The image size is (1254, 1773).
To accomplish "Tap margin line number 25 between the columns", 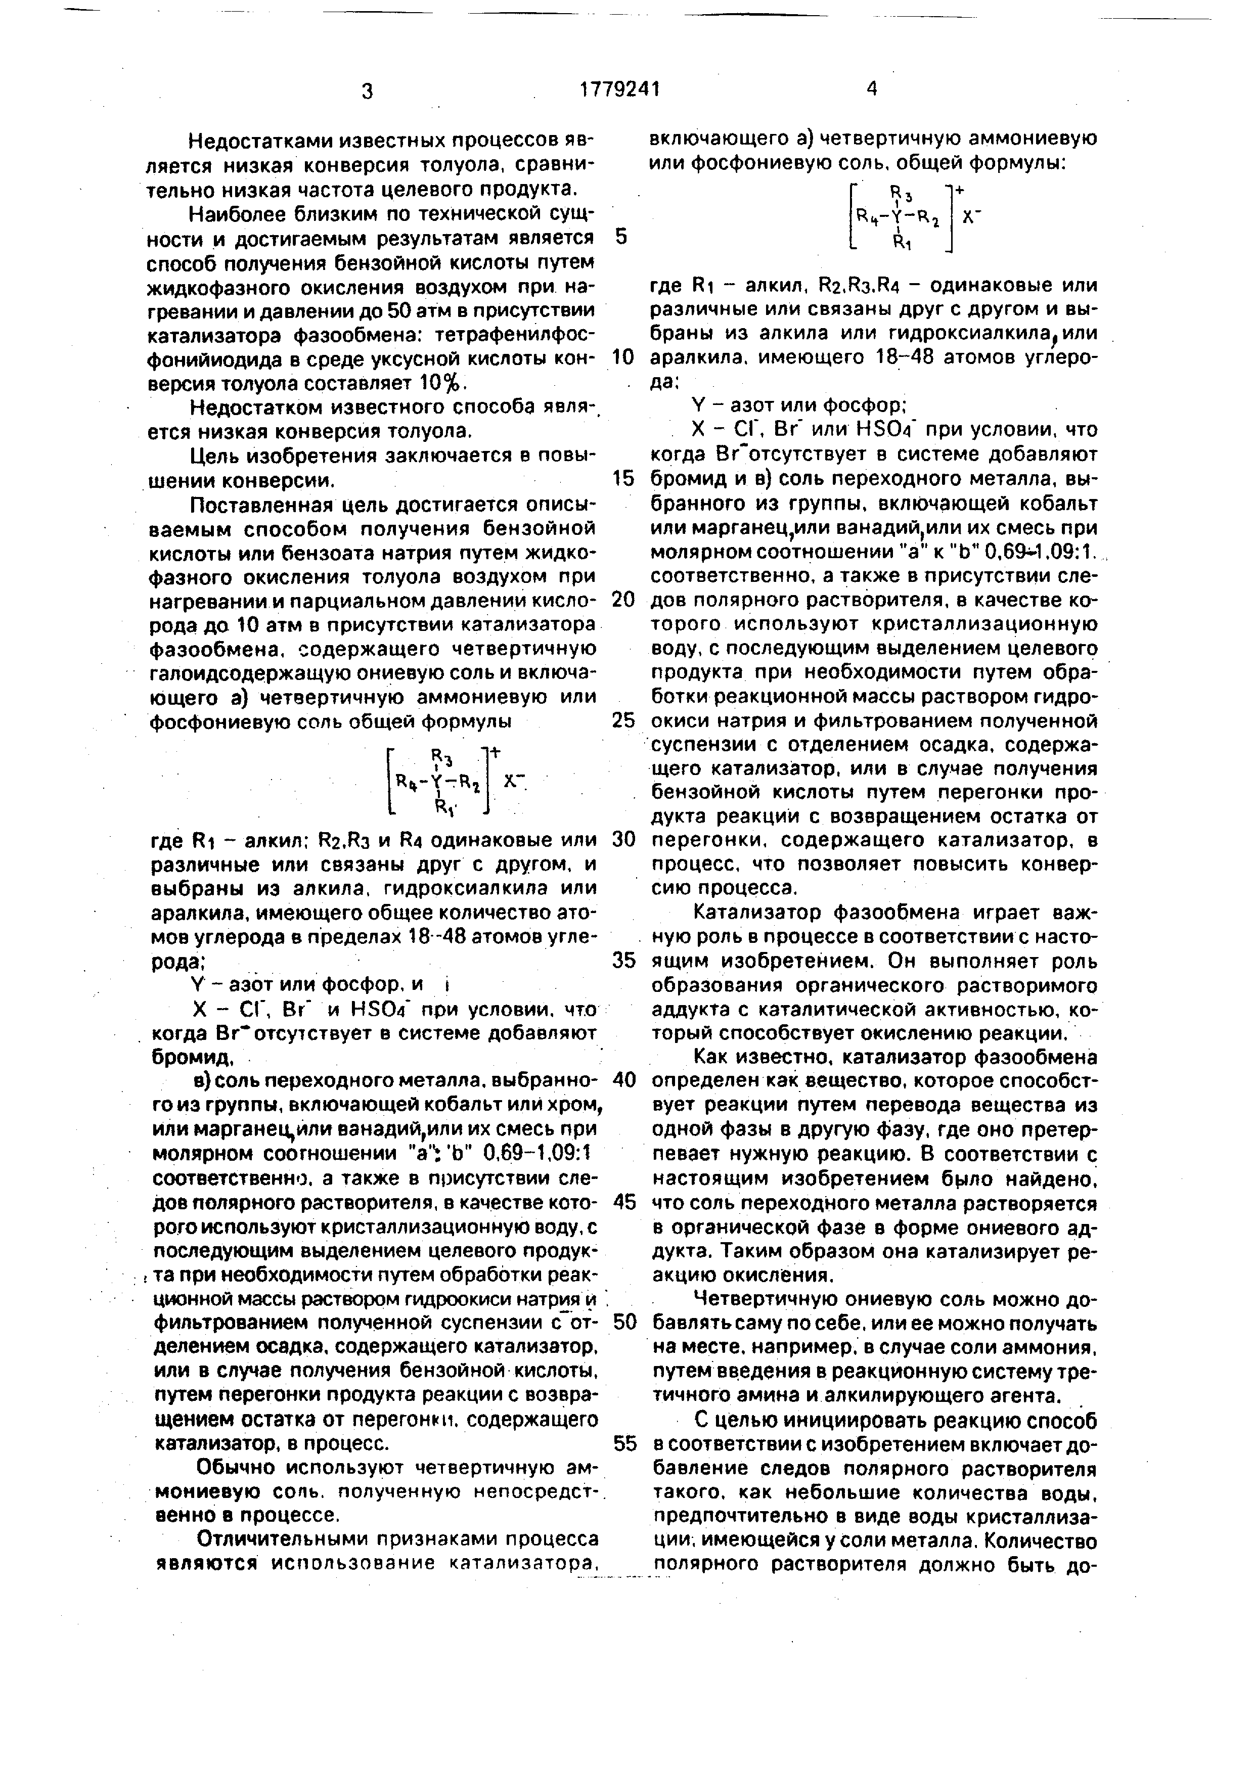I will pyautogui.click(x=623, y=720).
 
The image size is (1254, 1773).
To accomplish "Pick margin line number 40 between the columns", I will pyautogui.click(x=623, y=1079).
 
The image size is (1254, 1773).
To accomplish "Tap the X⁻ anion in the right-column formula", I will pyautogui.click(x=969, y=218).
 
